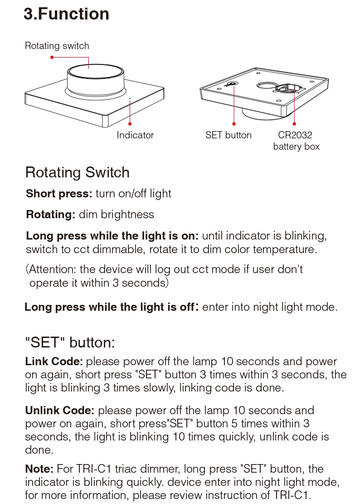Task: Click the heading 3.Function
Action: [66, 14]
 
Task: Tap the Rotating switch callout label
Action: [57, 46]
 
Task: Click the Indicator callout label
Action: [135, 135]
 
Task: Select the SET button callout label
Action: [228, 135]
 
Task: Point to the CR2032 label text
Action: [295, 135]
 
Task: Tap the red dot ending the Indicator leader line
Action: [130, 123]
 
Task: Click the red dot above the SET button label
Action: [234, 123]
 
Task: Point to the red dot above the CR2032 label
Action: [295, 123]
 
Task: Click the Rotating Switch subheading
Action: [78, 172]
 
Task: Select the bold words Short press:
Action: [59, 194]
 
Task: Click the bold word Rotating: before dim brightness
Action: [51, 215]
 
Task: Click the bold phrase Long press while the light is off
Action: [109, 307]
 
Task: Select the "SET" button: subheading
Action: [70, 343]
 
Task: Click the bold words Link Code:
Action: [54, 362]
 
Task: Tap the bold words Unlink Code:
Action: [59, 411]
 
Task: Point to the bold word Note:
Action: [39, 469]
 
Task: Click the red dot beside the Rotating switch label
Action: [52, 57]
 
